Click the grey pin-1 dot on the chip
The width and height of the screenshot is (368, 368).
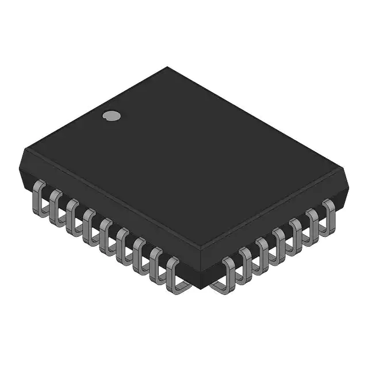pos(112,116)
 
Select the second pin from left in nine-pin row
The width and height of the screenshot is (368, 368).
pos(56,204)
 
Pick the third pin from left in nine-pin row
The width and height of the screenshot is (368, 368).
pos(72,213)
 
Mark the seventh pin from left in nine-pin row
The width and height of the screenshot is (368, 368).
pos(139,252)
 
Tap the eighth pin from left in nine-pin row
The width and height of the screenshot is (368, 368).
pos(156,262)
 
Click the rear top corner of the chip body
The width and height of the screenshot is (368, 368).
pos(167,67)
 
